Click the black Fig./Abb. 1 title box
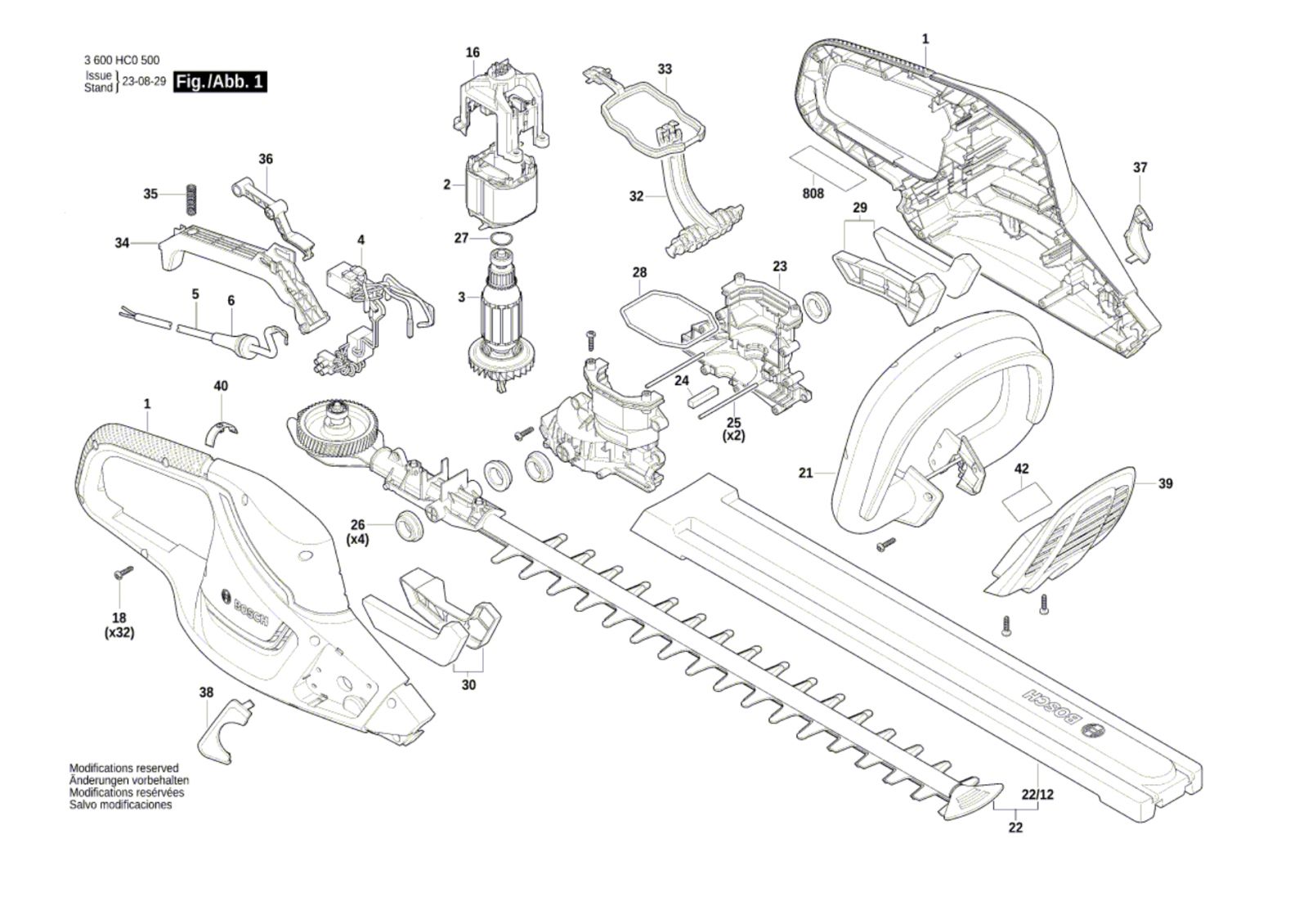click(220, 82)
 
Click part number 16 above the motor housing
click(473, 53)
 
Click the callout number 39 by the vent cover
click(1165, 483)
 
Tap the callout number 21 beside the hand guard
click(806, 473)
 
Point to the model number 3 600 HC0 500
click(122, 60)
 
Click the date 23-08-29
click(144, 82)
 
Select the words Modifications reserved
click(123, 768)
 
